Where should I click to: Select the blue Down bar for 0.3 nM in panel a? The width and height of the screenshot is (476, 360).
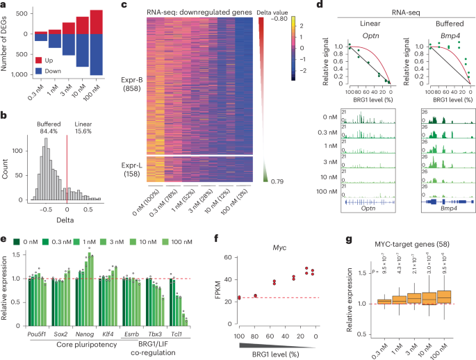click(x=40, y=38)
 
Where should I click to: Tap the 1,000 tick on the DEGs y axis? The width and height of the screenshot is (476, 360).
click(x=22, y=74)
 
